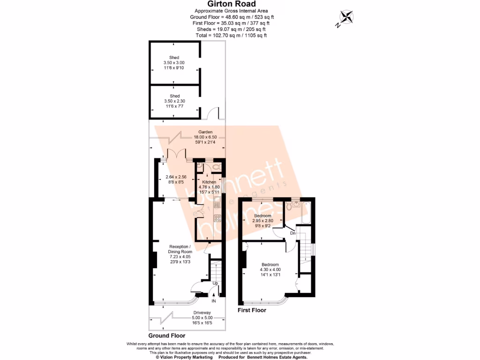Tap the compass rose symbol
[x=346, y=17]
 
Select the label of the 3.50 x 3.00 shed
[x=174, y=62]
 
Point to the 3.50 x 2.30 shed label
[x=174, y=101]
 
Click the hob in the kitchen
[x=217, y=218]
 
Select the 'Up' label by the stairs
[x=215, y=284]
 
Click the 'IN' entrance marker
[x=214, y=300]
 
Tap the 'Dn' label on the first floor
[x=292, y=233]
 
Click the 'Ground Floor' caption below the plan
[x=167, y=336]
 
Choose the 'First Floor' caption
[x=252, y=310]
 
